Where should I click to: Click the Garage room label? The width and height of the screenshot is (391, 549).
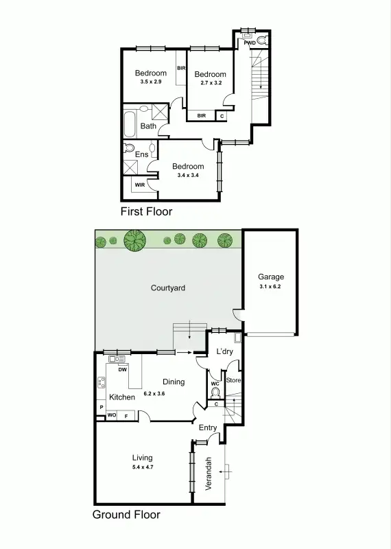pyautogui.click(x=270, y=277)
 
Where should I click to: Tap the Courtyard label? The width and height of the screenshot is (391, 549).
pyautogui.click(x=168, y=288)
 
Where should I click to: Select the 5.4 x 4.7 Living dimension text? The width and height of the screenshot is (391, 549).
pyautogui.click(x=143, y=467)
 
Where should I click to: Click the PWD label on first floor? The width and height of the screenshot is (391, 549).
pyautogui.click(x=250, y=43)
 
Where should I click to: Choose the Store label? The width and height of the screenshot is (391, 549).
pyautogui.click(x=233, y=380)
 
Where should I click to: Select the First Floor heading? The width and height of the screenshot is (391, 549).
pyautogui.click(x=146, y=211)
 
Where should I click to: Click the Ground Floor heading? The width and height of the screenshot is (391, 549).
pyautogui.click(x=126, y=514)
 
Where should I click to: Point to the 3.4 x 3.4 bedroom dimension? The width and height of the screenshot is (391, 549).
pyautogui.click(x=188, y=175)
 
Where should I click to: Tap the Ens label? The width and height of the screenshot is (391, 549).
pyautogui.click(x=141, y=154)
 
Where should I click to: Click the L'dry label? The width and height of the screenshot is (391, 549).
pyautogui.click(x=224, y=352)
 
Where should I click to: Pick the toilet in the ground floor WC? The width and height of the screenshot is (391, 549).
pyautogui.click(x=215, y=393)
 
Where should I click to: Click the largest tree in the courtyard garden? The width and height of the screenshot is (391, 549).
pyautogui.click(x=135, y=240)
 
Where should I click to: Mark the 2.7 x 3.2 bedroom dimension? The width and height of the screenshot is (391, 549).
pyautogui.click(x=209, y=83)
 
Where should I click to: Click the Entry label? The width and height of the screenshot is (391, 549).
pyautogui.click(x=208, y=428)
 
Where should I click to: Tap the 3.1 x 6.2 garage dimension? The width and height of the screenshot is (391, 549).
pyautogui.click(x=270, y=286)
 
